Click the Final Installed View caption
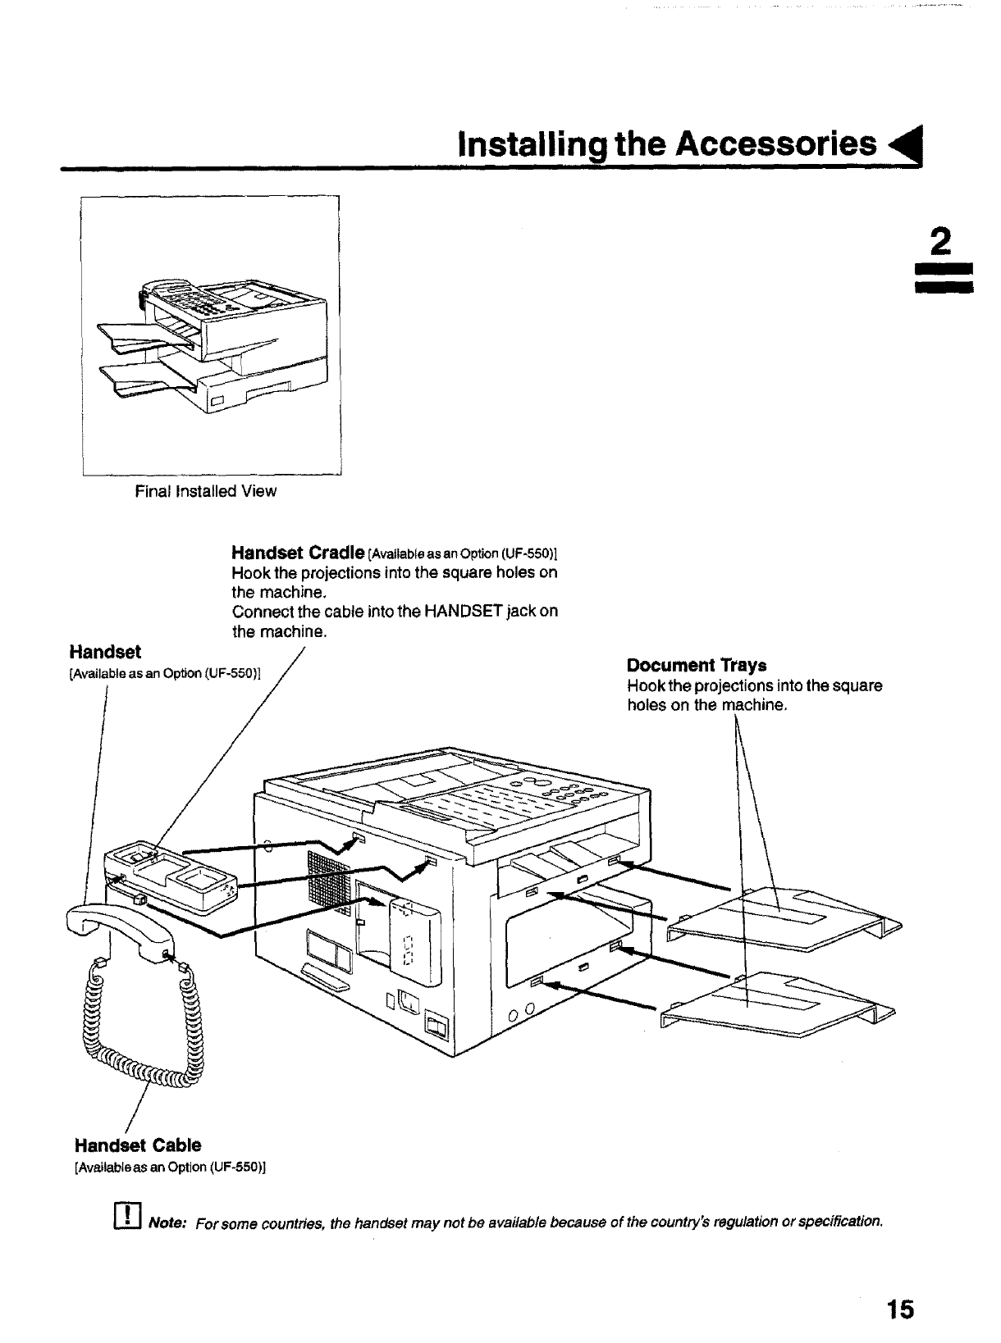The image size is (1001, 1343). (x=206, y=491)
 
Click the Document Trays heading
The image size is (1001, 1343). (x=697, y=665)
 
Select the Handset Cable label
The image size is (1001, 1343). (x=138, y=1145)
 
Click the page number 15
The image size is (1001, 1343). (x=899, y=1308)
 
